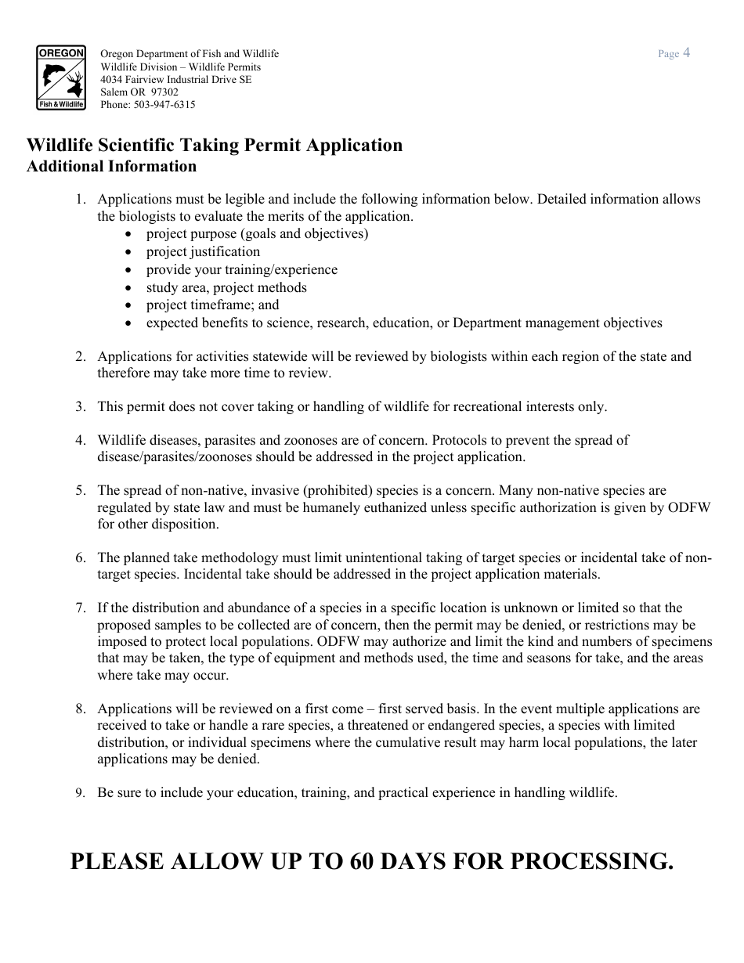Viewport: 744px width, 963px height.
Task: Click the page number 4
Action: click(x=686, y=53)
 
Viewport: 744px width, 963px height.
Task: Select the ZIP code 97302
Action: click(x=164, y=92)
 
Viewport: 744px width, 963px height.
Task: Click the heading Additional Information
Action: click(x=111, y=166)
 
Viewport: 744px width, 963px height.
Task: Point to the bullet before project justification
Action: click(x=128, y=252)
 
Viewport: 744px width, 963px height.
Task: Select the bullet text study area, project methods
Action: click(x=226, y=287)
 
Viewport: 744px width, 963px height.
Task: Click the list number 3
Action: click(x=81, y=406)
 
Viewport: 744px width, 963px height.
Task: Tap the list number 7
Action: click(x=81, y=608)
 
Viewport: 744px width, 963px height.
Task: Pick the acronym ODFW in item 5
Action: click(x=690, y=507)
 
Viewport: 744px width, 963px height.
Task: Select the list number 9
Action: click(x=81, y=793)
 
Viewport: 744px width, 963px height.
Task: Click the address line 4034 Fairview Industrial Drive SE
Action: click(x=176, y=79)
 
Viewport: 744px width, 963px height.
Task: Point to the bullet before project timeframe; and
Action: click(x=128, y=305)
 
